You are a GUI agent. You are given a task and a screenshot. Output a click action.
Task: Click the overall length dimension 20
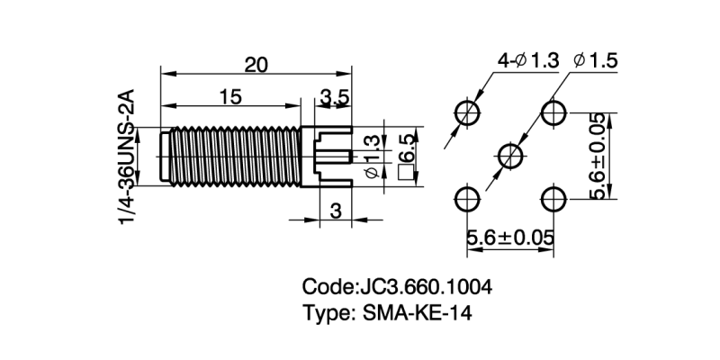[x=256, y=65]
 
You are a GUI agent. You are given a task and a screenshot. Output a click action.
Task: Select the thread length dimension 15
[x=230, y=97]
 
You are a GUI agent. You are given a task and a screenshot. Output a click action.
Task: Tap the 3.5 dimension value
[x=335, y=98]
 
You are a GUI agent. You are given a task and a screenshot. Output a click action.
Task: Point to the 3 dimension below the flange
[x=336, y=211]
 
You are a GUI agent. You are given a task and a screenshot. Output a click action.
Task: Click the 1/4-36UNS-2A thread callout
[x=127, y=157]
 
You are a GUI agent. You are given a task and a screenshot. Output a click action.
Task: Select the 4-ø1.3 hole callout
[x=528, y=60]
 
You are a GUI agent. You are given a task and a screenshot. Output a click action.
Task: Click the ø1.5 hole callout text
[x=596, y=60]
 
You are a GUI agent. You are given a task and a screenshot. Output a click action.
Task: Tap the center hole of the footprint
[x=510, y=156]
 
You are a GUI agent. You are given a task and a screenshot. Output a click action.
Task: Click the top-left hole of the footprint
[x=467, y=112]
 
